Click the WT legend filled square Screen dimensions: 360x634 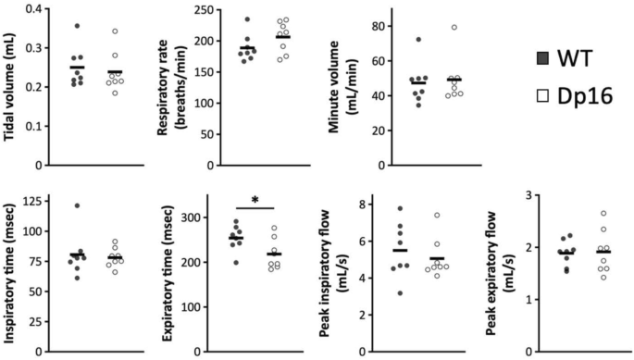click(x=542, y=58)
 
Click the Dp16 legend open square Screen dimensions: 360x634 click(x=542, y=95)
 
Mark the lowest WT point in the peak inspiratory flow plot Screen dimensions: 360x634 click(x=400, y=292)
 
